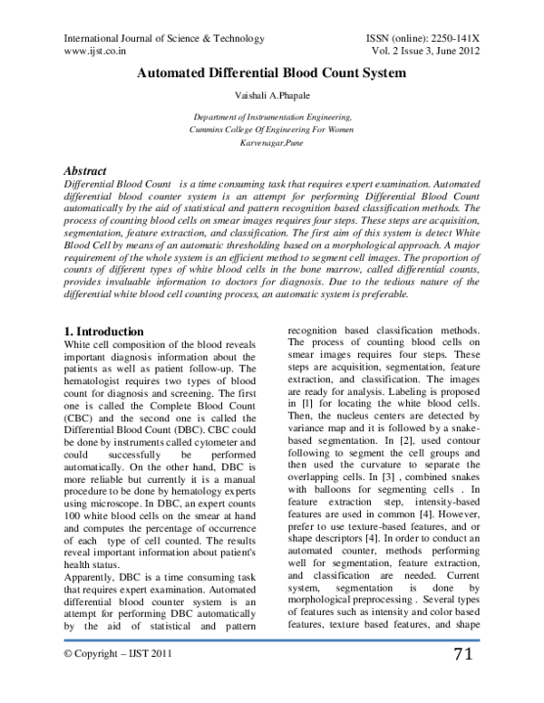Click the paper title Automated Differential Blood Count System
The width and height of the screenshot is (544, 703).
coord(271,72)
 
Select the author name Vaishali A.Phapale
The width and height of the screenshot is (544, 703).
coord(272,97)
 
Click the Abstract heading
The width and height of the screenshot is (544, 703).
coord(84,171)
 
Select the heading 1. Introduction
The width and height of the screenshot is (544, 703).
coord(105,332)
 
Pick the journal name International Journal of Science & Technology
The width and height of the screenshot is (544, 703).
coord(163,39)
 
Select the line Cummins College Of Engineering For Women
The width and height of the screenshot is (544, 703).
coord(272,130)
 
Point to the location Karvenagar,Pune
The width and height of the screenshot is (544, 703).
coord(272,144)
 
